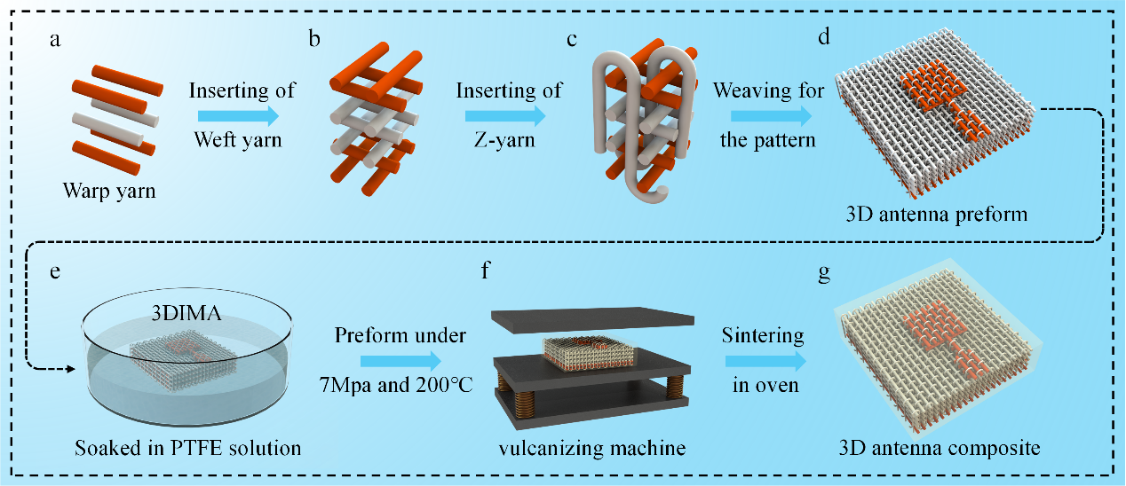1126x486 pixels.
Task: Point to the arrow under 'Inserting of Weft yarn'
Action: click(237, 115)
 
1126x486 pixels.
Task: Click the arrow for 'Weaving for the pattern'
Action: click(771, 115)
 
